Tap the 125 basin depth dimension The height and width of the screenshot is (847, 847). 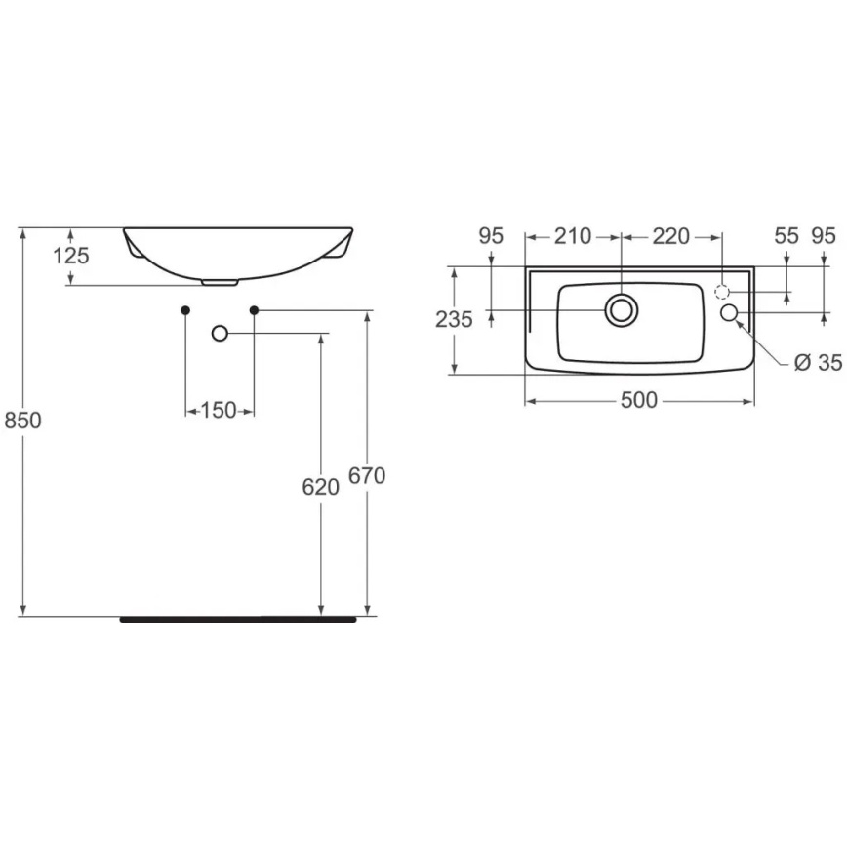[x=71, y=256]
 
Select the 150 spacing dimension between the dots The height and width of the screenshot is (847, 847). [x=220, y=411]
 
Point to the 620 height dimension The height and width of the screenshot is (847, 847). [x=320, y=487]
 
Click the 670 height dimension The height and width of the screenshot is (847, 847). [x=368, y=476]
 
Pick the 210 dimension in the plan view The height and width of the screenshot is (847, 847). [x=572, y=236]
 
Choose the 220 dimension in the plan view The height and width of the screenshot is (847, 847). [x=670, y=236]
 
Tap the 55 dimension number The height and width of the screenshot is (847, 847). [x=786, y=236]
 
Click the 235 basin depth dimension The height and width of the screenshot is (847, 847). [x=455, y=319]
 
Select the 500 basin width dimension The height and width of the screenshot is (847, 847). [x=639, y=400]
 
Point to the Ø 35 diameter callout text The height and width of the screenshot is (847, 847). [x=817, y=363]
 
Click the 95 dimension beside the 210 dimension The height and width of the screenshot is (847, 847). [x=491, y=236]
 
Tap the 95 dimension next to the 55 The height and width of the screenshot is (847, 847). [x=824, y=236]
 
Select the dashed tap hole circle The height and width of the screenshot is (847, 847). [x=722, y=292]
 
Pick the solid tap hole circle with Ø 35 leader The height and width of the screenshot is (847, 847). [x=730, y=312]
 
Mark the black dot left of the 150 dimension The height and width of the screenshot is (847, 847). [x=185, y=310]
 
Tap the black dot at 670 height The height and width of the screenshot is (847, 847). [x=254, y=310]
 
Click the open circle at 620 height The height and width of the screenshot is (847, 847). [x=220, y=334]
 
